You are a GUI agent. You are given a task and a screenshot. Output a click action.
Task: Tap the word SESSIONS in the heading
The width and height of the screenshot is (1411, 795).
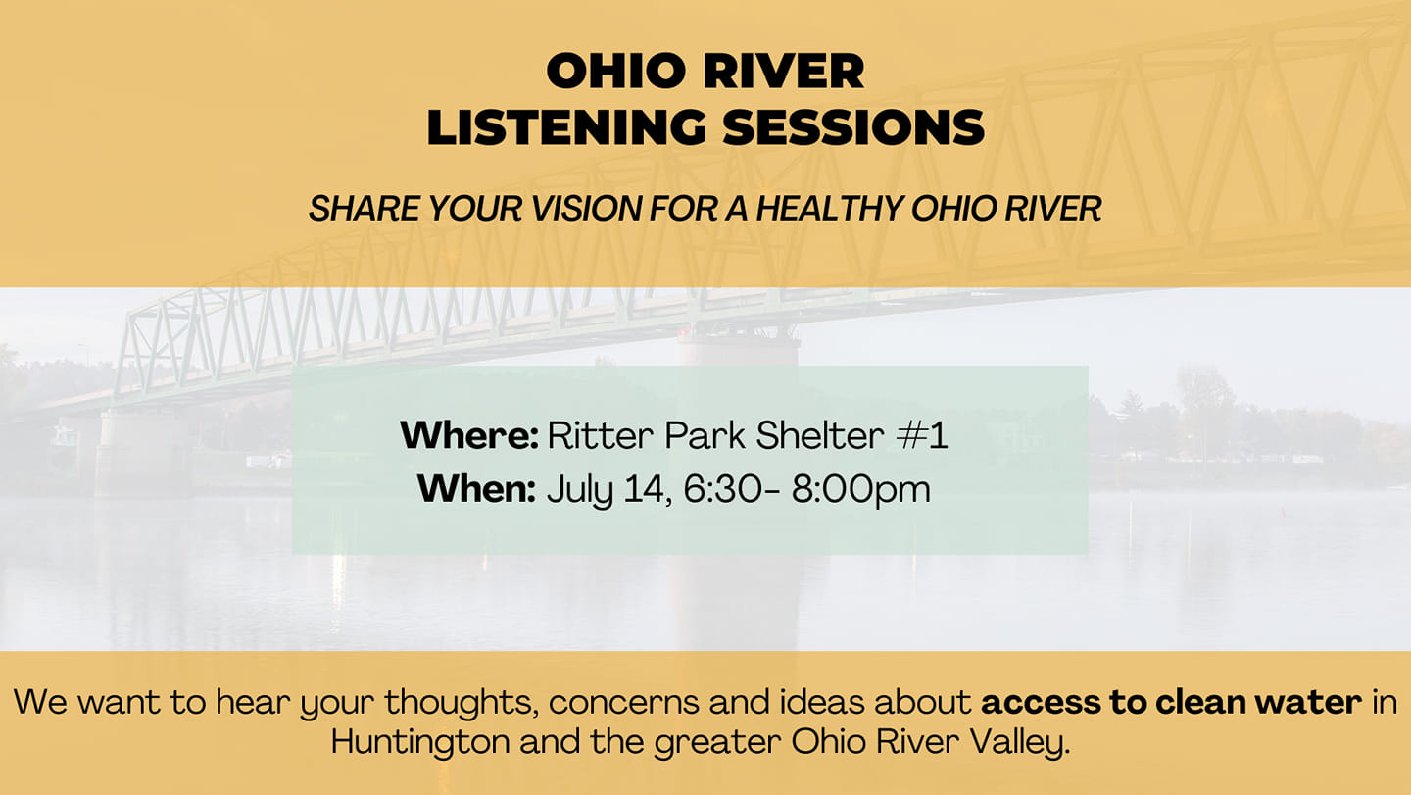[x=853, y=127]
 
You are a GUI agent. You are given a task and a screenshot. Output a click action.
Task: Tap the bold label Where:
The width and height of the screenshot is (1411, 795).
[x=469, y=434]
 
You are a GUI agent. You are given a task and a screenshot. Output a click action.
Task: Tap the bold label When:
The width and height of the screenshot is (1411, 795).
[x=476, y=489]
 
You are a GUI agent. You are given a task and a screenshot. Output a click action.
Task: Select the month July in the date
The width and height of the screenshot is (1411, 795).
[x=580, y=491]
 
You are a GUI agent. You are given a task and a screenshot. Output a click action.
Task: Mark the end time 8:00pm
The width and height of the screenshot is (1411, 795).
[x=861, y=490]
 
